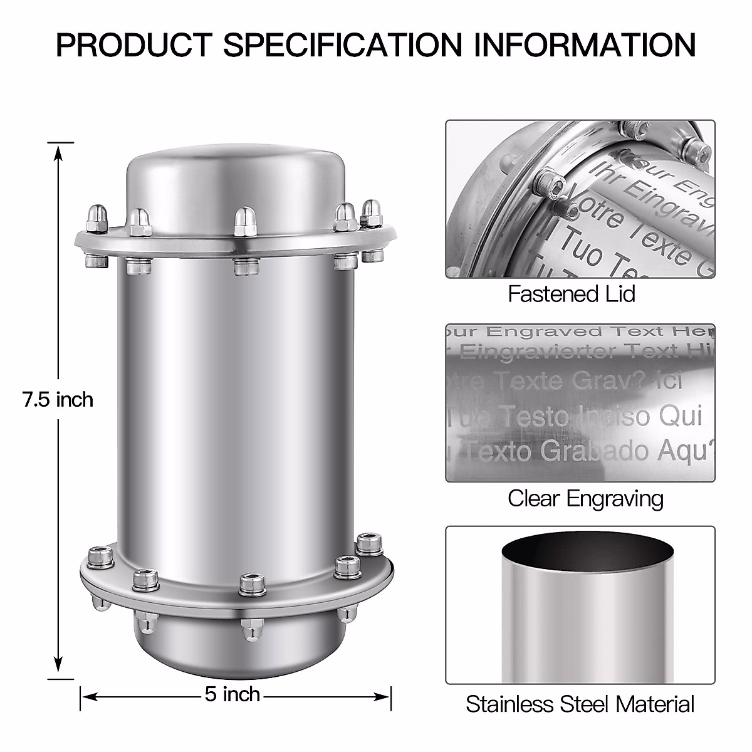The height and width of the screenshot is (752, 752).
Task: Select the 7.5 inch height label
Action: click(x=58, y=399)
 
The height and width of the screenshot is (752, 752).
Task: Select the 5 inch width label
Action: click(x=232, y=694)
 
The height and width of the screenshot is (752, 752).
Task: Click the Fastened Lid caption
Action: click(x=572, y=293)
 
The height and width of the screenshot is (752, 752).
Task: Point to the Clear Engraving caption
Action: click(x=585, y=498)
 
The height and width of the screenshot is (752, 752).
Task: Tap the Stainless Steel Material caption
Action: click(x=580, y=704)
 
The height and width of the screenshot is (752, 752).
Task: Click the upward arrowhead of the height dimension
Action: click(x=58, y=150)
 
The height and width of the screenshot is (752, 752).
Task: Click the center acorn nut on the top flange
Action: click(x=243, y=221)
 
